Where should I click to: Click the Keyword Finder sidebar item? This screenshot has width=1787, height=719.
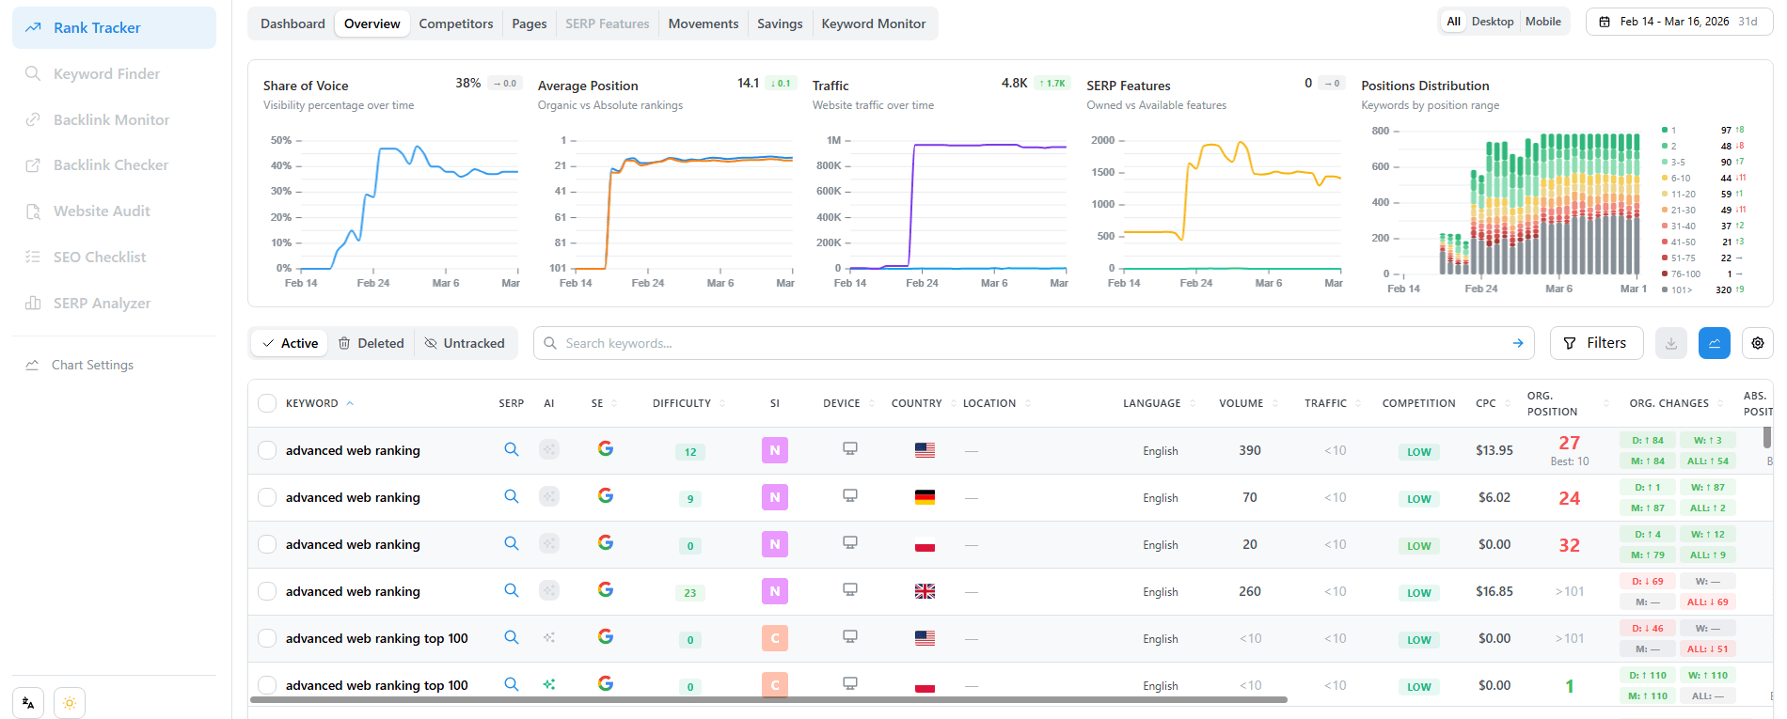[x=106, y=73]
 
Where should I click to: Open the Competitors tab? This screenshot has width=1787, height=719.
[x=455, y=23]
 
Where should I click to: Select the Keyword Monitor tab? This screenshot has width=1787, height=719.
[x=873, y=23]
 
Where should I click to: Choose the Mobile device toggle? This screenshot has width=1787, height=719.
[x=1542, y=22]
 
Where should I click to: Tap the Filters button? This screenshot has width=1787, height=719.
[x=1595, y=343]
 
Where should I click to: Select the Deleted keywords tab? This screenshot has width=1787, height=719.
[x=371, y=343]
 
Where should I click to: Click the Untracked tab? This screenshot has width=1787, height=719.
[x=465, y=343]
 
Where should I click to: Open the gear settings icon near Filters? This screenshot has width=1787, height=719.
[x=1757, y=343]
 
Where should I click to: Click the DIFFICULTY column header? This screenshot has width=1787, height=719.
[x=682, y=403]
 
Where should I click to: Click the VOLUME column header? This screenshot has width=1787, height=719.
[x=1241, y=403]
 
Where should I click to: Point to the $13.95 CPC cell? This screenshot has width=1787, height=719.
[x=1494, y=450]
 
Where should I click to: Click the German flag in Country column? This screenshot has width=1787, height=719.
[x=925, y=497]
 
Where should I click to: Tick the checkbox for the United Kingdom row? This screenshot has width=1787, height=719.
[x=267, y=591]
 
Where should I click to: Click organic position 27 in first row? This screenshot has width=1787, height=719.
[x=1569, y=443]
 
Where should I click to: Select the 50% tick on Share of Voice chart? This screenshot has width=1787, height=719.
[x=281, y=140]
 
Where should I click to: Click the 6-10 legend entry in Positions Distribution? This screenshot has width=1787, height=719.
[x=1680, y=178]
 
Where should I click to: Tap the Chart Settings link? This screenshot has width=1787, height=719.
[x=92, y=365]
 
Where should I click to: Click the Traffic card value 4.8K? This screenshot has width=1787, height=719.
[x=1014, y=83]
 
